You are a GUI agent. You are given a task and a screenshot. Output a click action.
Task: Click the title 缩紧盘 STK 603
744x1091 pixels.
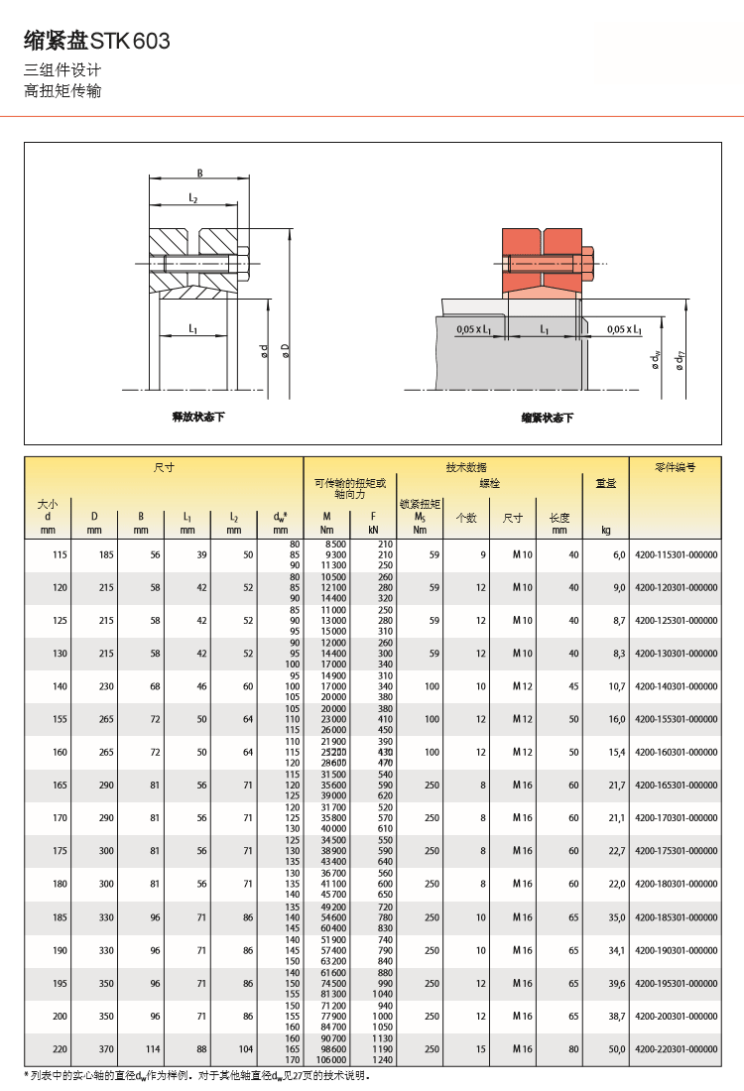97,41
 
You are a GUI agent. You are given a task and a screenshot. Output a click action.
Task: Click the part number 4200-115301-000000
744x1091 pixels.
676,555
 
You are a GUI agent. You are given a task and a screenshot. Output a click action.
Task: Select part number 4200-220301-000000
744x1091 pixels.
676,1048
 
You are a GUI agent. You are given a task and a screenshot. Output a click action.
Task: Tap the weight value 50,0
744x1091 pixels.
617,1048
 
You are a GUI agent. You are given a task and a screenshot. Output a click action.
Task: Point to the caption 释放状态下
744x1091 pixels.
198,418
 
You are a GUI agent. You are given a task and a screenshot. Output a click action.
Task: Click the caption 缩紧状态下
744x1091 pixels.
548,419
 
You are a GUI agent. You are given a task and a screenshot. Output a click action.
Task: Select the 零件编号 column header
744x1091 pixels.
676,466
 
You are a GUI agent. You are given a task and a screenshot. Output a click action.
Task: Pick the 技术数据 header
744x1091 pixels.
466,466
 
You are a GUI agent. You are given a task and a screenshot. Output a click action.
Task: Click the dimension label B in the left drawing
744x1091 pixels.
199,174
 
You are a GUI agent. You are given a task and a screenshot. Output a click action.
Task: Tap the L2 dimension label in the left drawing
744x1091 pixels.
193,199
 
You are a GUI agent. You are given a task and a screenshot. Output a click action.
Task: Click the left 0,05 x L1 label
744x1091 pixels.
475,329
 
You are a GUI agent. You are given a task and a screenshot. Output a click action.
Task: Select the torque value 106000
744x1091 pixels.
331,1059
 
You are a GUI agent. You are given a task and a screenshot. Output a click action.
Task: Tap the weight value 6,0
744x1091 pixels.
619,555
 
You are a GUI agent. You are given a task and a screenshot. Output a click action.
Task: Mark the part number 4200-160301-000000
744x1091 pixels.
676,752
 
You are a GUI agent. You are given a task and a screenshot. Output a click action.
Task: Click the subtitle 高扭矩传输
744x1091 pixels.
62,91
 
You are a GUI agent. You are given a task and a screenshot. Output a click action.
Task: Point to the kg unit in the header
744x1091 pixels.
606,530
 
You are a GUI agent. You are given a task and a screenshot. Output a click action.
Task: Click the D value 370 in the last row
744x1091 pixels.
94,1048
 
